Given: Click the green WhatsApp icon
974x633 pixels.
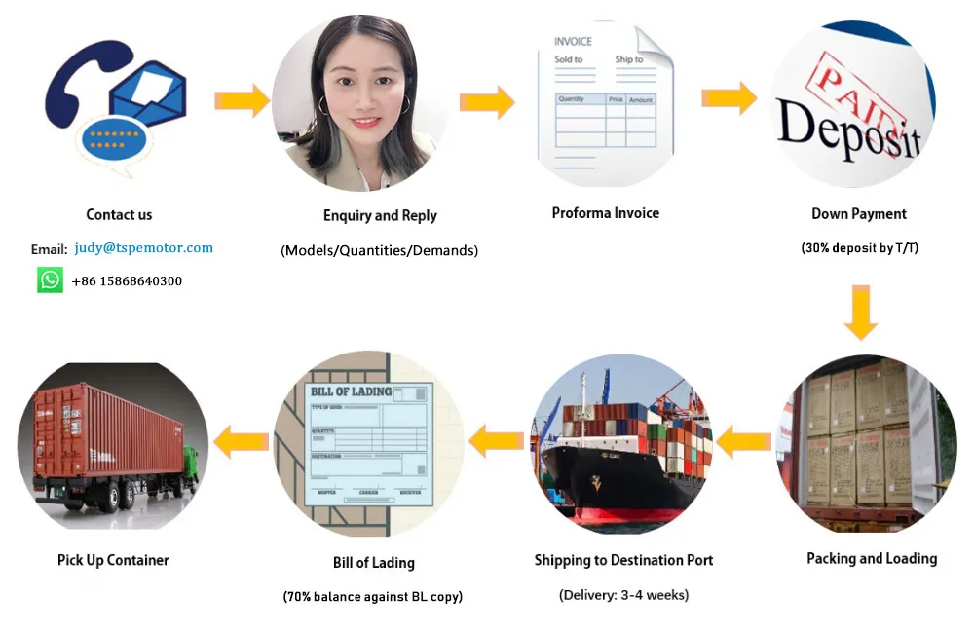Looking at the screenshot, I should click(51, 280).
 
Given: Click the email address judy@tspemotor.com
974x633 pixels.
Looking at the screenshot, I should click(143, 247).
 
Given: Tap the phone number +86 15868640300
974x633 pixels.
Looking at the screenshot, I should click(127, 281).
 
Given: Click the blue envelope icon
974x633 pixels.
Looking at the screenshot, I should click(148, 97).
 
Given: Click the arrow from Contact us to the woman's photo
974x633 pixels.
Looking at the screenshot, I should click(242, 100).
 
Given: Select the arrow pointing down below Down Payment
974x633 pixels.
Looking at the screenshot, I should click(860, 312).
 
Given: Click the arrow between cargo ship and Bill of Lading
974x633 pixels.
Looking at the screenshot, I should click(496, 442).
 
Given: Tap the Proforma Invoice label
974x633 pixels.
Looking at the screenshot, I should click(605, 213).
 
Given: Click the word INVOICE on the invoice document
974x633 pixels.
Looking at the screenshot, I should click(573, 42).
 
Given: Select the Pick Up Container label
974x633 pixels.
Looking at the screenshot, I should click(113, 560).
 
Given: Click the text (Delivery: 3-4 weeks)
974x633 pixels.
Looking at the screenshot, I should click(623, 594).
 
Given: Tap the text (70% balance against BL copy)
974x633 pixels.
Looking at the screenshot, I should click(373, 596).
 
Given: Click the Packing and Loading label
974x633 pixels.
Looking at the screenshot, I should click(872, 558).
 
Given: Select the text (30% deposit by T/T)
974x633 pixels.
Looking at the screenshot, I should click(859, 248).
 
